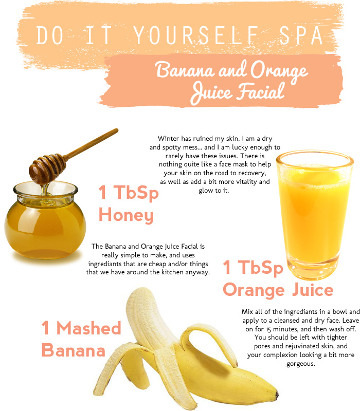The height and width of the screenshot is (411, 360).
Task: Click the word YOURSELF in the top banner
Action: pyautogui.click(x=196, y=35)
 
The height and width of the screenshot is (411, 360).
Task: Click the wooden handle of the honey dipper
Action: pyautogui.click(x=92, y=144)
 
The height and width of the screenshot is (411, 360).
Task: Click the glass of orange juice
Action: pyautogui.click(x=315, y=214)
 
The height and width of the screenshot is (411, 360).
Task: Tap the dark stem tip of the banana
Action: pyautogui.click(x=276, y=394)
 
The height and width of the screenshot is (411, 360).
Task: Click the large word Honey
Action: pyautogui.click(x=126, y=215)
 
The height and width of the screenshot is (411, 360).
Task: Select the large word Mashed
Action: pyautogui.click(x=88, y=328)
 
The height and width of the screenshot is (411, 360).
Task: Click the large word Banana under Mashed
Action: pyautogui.click(x=73, y=350)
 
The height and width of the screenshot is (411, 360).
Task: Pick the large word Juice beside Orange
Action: pyautogui.click(x=313, y=290)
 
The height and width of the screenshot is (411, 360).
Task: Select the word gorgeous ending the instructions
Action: pyautogui.click(x=301, y=364)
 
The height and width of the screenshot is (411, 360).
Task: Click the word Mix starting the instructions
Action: pyautogui.click(x=247, y=312)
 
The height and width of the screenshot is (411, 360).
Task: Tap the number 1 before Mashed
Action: pyautogui.click(x=45, y=328)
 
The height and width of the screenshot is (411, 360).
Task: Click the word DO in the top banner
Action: pyautogui.click(x=50, y=35)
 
